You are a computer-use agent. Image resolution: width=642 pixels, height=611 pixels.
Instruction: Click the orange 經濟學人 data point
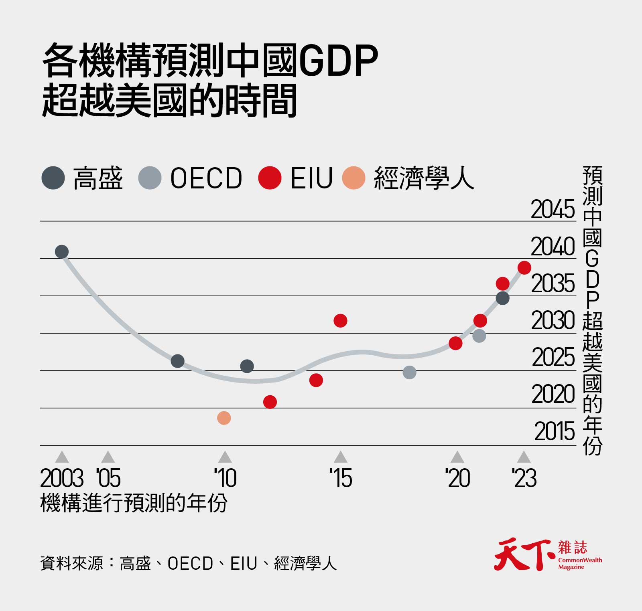pyautogui.click(x=224, y=418)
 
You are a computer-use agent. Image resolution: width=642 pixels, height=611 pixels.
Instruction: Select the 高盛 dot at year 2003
pyautogui.click(x=62, y=252)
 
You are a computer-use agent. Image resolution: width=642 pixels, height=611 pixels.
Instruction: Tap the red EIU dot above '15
pyautogui.click(x=340, y=321)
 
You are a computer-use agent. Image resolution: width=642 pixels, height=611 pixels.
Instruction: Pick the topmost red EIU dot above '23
pyautogui.click(x=524, y=267)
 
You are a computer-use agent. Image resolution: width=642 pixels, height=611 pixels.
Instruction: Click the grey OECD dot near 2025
pyautogui.click(x=409, y=372)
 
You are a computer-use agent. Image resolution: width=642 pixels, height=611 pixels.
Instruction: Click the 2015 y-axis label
pyautogui.click(x=554, y=432)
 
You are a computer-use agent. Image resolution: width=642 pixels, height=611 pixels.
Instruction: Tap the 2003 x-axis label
pyautogui.click(x=62, y=478)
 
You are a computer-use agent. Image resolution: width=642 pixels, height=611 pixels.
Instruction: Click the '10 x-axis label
pyautogui.click(x=225, y=478)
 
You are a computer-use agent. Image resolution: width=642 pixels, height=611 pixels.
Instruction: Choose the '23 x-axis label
pyautogui.click(x=524, y=478)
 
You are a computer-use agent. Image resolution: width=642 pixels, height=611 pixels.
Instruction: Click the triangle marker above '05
pyautogui.click(x=108, y=457)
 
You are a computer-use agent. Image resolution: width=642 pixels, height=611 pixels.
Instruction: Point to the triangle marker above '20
pyautogui.click(x=457, y=457)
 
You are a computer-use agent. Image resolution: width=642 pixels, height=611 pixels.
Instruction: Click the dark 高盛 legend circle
pyautogui.click(x=53, y=178)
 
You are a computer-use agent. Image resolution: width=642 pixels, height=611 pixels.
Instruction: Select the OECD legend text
pyautogui.click(x=206, y=178)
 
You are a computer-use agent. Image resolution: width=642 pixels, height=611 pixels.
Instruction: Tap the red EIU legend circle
pyautogui.click(x=270, y=178)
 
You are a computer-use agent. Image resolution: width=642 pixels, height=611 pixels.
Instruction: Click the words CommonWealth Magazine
pyautogui.click(x=580, y=564)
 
